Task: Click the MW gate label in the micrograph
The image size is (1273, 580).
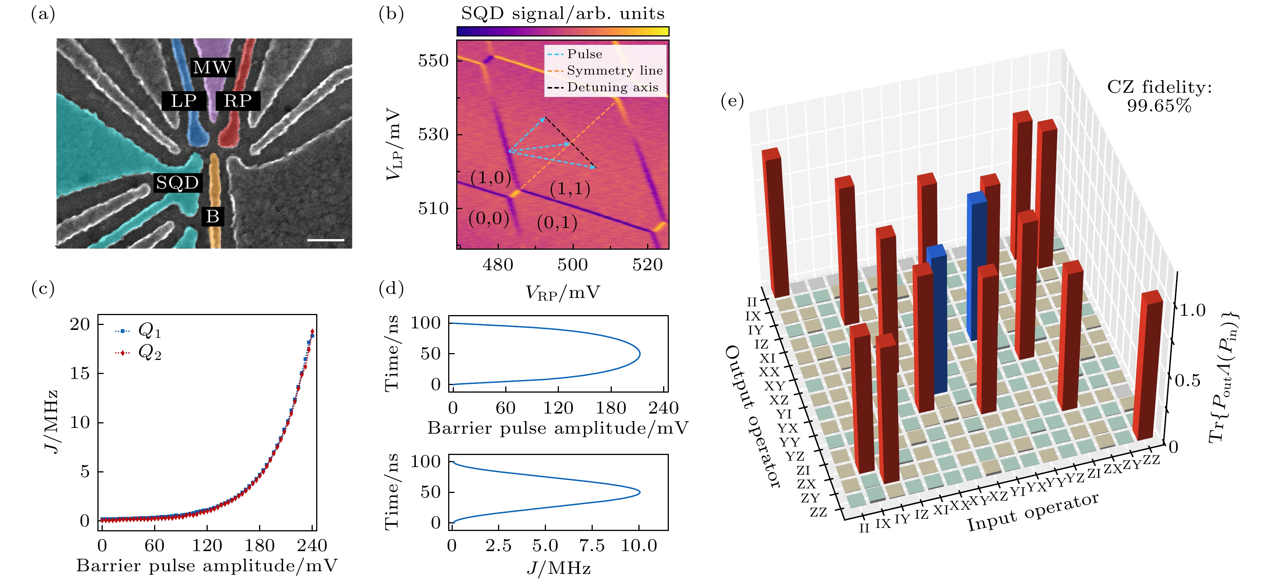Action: click(212, 67)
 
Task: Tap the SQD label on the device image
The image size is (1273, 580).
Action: click(177, 183)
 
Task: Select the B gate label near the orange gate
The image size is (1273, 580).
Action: click(213, 216)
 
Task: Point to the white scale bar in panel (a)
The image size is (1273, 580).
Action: click(326, 240)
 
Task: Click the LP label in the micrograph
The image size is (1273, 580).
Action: click(184, 101)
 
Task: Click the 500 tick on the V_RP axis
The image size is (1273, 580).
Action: click(572, 265)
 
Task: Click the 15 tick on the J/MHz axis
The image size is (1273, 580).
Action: click(80, 373)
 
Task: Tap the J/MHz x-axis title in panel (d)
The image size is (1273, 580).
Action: click(559, 568)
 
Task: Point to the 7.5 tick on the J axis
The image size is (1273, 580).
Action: click(592, 545)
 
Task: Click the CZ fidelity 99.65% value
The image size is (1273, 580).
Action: click(1159, 106)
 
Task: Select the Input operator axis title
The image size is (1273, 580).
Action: click(1033, 512)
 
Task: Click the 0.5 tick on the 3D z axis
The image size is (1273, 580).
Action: click(1187, 380)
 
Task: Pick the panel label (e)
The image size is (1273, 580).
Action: click(732, 101)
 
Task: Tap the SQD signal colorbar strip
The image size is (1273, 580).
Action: click(562, 32)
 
